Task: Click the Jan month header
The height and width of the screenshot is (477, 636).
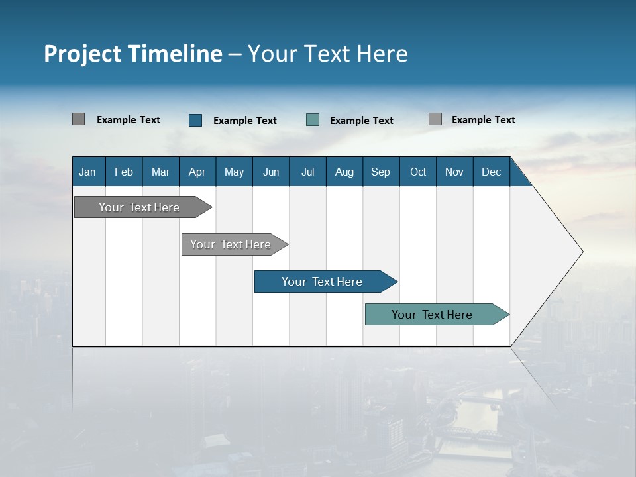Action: click(x=88, y=172)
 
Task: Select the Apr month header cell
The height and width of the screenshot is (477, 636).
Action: click(x=197, y=172)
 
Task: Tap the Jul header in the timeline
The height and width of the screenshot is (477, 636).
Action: click(x=307, y=172)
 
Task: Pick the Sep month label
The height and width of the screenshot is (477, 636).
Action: click(x=381, y=172)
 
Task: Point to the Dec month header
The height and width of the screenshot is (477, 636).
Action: click(x=491, y=172)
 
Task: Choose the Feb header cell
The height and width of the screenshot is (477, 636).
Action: click(x=124, y=172)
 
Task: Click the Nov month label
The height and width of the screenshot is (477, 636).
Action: click(x=454, y=172)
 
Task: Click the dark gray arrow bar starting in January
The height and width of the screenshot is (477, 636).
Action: click(x=139, y=207)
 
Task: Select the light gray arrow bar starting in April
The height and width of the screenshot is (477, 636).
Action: click(x=231, y=244)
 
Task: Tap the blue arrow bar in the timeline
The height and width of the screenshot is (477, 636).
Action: click(x=322, y=282)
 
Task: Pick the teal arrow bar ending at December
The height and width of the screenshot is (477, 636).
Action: click(x=432, y=315)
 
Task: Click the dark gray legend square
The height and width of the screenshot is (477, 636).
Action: click(x=78, y=119)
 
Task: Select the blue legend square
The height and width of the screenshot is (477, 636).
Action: click(x=195, y=120)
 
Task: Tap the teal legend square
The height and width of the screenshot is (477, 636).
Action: click(x=313, y=120)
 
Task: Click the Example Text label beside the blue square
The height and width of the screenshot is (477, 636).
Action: click(x=245, y=121)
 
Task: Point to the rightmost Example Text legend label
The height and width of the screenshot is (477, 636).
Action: click(x=483, y=120)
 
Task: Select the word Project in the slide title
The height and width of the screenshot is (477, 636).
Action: click(x=81, y=54)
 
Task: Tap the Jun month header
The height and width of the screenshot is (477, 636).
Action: click(x=271, y=172)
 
